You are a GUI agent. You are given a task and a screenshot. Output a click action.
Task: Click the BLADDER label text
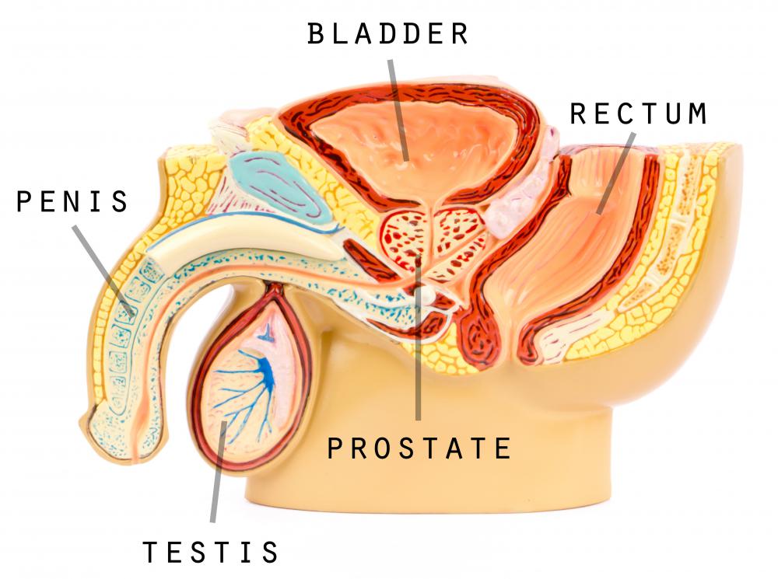[388, 33]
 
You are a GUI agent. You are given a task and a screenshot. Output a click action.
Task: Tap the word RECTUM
[639, 113]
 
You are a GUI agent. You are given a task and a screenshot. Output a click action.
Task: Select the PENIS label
[72, 201]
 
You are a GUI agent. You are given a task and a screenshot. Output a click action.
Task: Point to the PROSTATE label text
[419, 448]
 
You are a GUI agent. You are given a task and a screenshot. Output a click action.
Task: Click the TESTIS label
[210, 552]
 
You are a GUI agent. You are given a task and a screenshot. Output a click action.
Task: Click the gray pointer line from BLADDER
[398, 110]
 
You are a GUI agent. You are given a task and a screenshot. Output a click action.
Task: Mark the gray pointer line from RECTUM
[616, 173]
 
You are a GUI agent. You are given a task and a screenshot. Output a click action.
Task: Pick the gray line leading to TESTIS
[219, 472]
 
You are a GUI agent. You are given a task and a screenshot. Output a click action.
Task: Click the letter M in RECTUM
[698, 113]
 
